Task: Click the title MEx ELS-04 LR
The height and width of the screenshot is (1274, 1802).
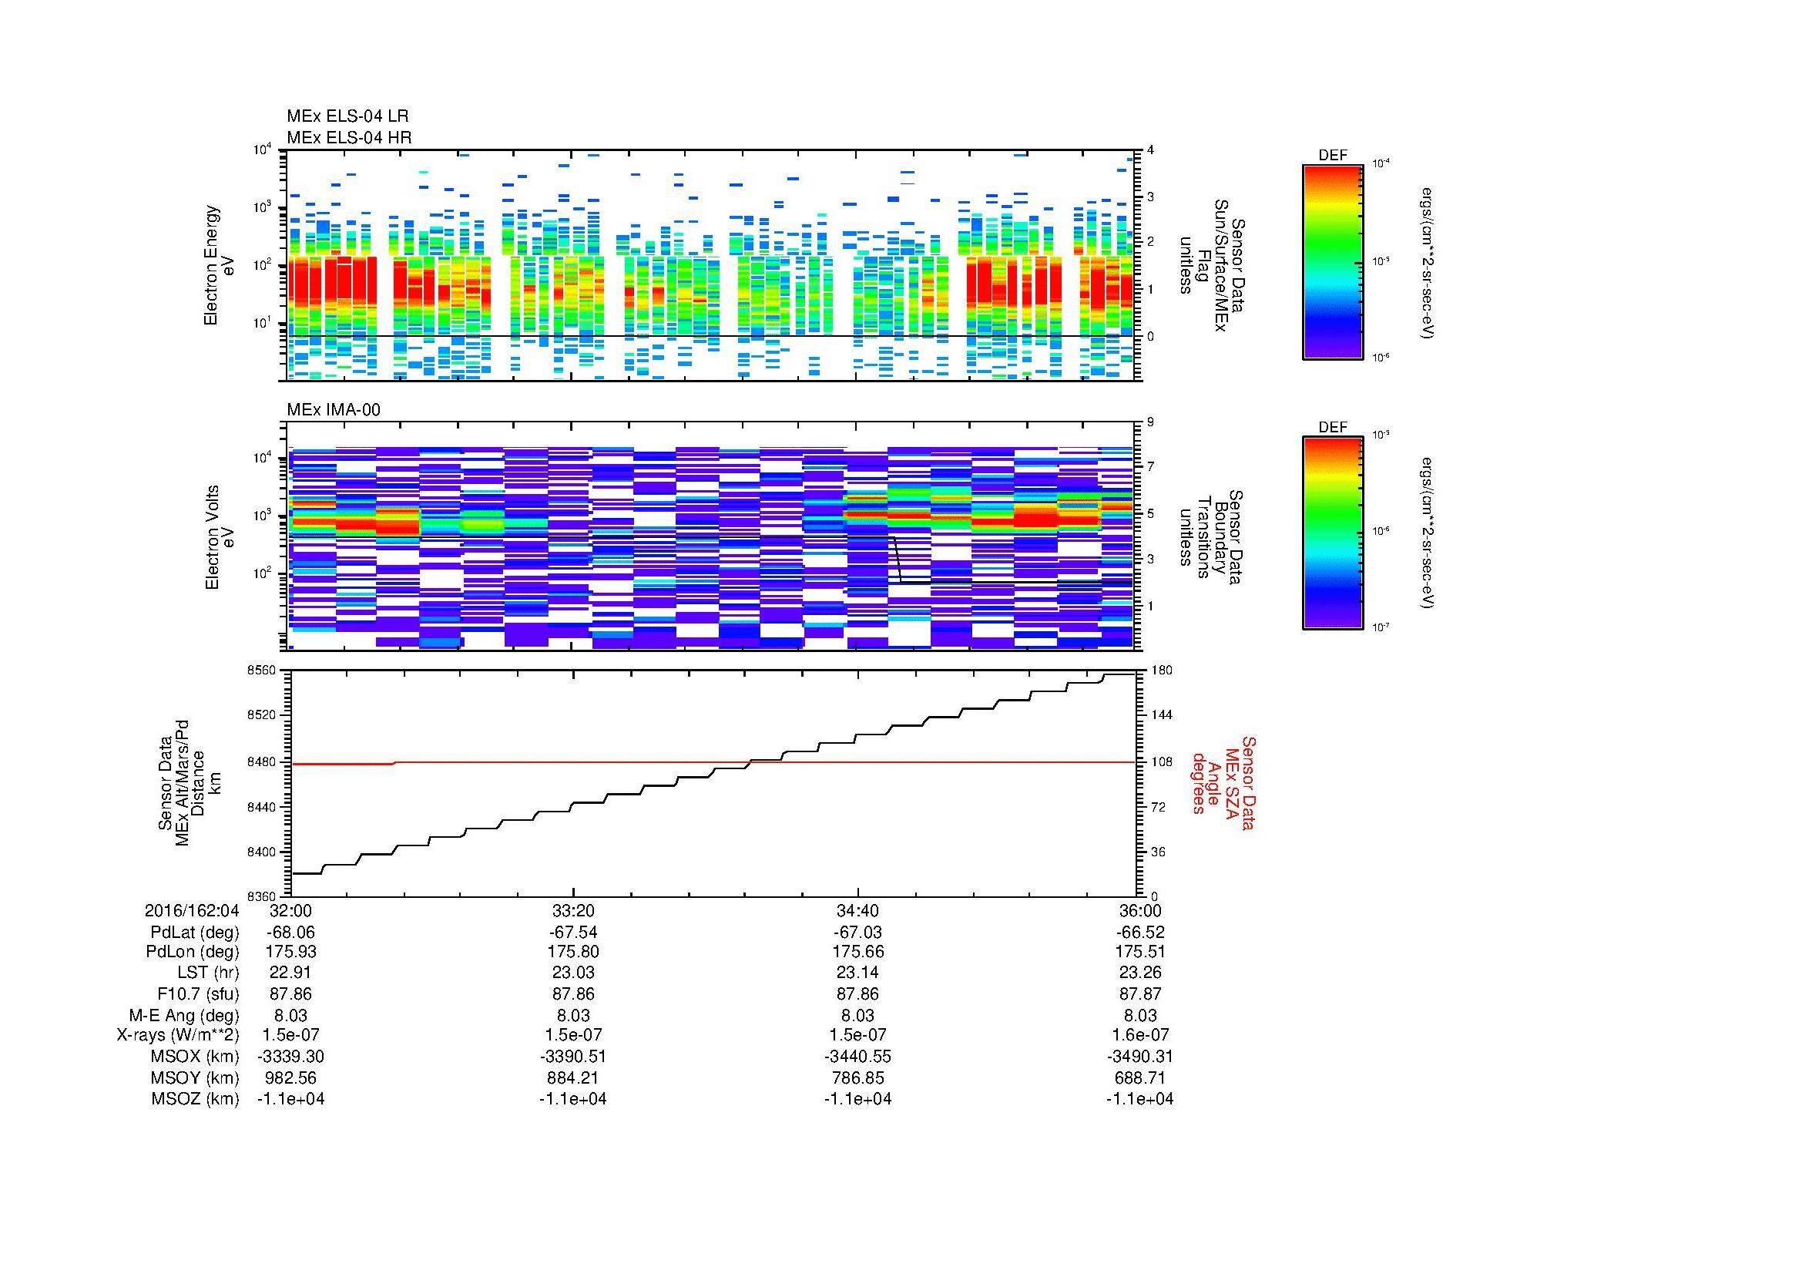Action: [x=347, y=116]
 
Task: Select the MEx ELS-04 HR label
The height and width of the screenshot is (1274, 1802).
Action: [x=348, y=137]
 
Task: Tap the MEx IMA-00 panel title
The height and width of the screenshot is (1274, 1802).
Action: [x=333, y=410]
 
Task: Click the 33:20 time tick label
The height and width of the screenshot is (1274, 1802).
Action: [x=574, y=911]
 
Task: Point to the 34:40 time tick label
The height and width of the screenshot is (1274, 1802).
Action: [x=857, y=911]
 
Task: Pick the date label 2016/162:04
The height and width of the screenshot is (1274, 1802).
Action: [x=192, y=911]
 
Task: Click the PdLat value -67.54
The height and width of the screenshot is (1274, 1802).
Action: [x=574, y=933]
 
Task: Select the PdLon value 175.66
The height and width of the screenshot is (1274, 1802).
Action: [x=857, y=952]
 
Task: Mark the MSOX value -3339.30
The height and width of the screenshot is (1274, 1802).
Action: [x=291, y=1057]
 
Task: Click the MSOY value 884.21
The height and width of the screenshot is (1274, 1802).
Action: [x=574, y=1077]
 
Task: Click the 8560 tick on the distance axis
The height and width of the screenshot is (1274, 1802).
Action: [x=262, y=671]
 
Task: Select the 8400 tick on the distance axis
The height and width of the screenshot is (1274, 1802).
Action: [x=262, y=852]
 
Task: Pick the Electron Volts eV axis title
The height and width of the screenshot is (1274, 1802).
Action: [x=220, y=538]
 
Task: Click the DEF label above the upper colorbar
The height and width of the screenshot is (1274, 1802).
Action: [x=1333, y=156]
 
